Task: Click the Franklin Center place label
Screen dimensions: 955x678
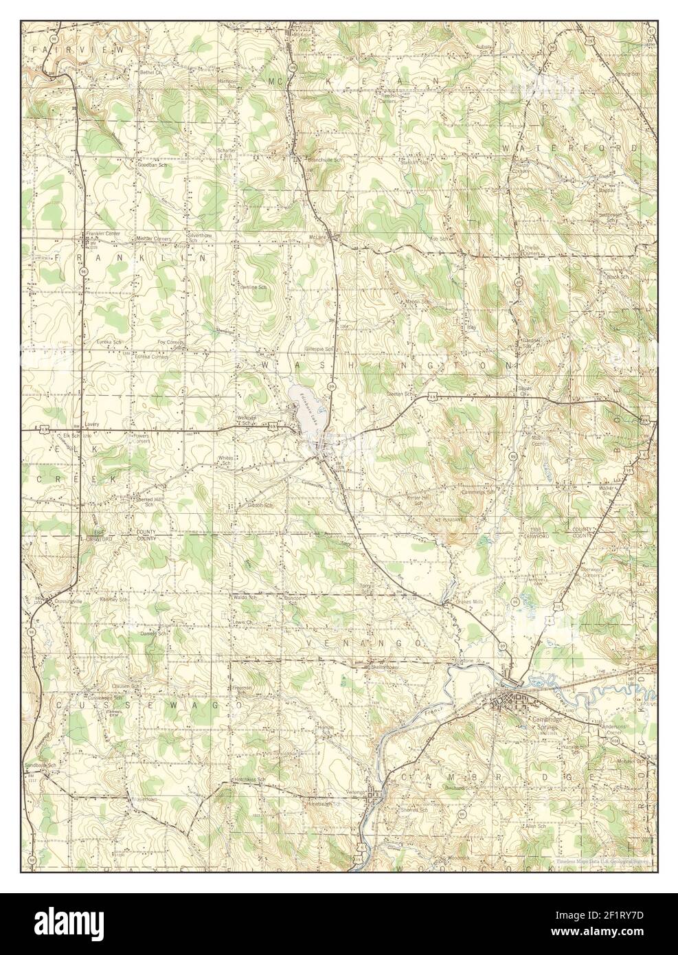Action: [103, 234]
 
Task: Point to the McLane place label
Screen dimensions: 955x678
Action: [315, 238]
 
